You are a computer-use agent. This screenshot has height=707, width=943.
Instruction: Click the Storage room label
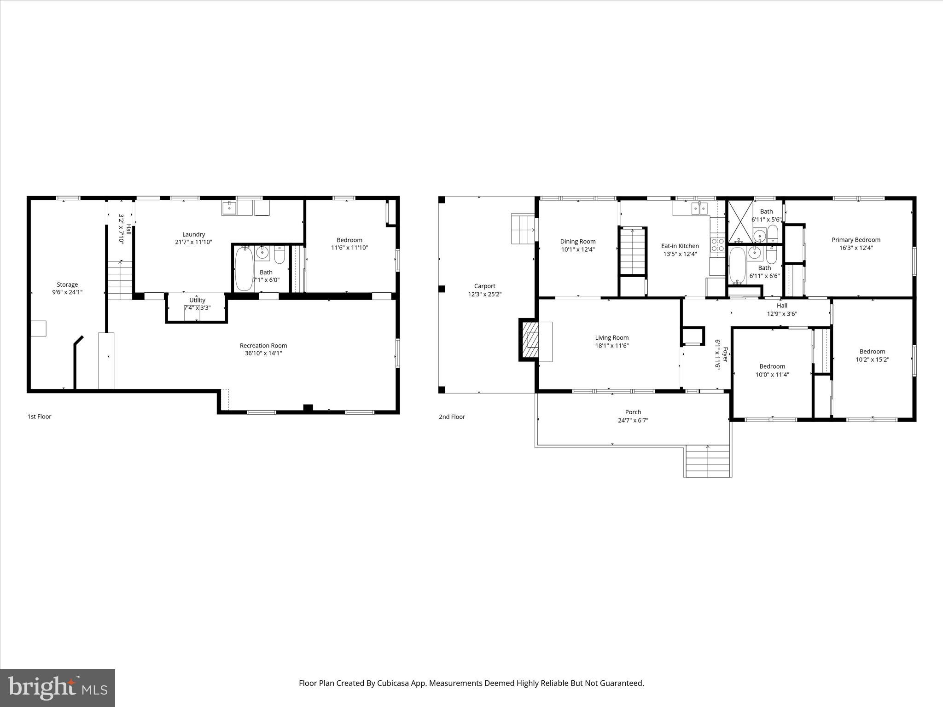[67, 284]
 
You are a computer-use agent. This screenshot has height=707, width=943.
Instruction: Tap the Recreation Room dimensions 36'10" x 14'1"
[263, 353]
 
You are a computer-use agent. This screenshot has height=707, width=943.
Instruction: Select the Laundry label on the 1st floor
[193, 234]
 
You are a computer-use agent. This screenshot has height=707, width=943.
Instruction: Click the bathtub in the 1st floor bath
[244, 269]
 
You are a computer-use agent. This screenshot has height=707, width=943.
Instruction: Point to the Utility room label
[197, 300]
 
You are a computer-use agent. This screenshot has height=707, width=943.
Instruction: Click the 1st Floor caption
[40, 417]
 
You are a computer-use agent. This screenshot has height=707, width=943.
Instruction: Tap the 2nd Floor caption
[452, 417]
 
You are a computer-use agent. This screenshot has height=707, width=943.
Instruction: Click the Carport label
[484, 286]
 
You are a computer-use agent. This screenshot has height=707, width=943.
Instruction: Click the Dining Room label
[578, 242]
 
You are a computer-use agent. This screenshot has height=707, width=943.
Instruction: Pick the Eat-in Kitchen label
[680, 246]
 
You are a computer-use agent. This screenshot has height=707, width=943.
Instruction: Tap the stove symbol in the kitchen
[717, 245]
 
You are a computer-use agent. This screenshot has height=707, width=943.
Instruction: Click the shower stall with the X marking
[740, 222]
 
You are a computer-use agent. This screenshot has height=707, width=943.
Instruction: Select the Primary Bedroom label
[856, 240]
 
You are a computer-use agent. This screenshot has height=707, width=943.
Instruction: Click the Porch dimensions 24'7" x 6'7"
[633, 420]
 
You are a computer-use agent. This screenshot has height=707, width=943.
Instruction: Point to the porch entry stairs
[708, 461]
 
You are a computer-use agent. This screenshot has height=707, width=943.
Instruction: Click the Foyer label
[725, 354]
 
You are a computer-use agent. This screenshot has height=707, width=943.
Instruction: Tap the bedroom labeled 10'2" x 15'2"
[872, 355]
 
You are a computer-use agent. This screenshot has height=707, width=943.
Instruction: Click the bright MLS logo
[58, 688]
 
